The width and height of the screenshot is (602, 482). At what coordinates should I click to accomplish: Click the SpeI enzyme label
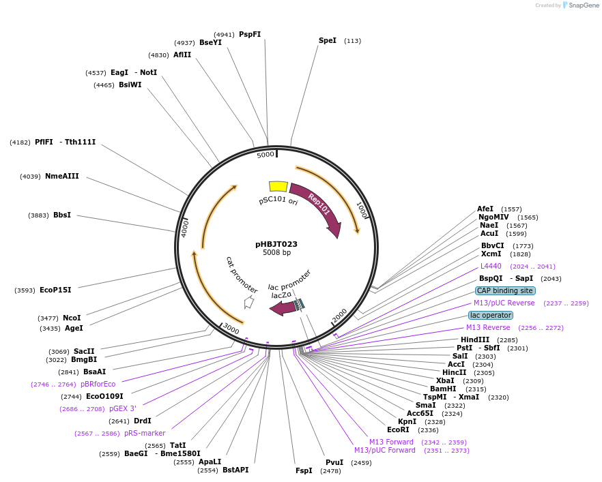click(x=328, y=41)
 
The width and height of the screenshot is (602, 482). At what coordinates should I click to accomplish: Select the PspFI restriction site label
click(x=250, y=35)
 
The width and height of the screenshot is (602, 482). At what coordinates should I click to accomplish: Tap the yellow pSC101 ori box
click(x=278, y=186)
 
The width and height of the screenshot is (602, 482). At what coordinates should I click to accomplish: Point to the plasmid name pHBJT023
click(x=276, y=244)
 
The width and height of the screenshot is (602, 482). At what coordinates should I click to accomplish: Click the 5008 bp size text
click(x=276, y=253)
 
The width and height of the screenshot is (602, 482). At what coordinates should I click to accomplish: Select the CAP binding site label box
click(x=504, y=290)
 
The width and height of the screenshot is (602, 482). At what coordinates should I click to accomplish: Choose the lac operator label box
click(x=490, y=315)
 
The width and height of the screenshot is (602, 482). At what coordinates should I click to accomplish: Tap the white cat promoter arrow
click(x=248, y=302)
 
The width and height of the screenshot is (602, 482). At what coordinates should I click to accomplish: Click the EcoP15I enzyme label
click(x=55, y=290)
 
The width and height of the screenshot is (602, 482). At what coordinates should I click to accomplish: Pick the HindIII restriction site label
click(x=475, y=340)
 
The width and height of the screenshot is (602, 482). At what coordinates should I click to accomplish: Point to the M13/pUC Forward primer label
click(x=384, y=450)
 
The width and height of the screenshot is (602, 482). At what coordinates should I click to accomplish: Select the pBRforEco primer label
click(x=98, y=384)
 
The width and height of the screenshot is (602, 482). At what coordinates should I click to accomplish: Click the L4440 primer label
click(x=491, y=266)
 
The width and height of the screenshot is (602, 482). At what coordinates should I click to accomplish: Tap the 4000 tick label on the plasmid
click(x=184, y=227)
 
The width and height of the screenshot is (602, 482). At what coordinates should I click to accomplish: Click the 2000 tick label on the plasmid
click(x=339, y=315)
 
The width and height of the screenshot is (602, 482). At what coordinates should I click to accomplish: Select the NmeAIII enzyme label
click(x=62, y=176)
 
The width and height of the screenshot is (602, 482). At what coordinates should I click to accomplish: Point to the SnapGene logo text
click(x=584, y=5)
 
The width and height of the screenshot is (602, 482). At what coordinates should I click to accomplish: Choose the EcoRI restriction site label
click(x=398, y=430)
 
